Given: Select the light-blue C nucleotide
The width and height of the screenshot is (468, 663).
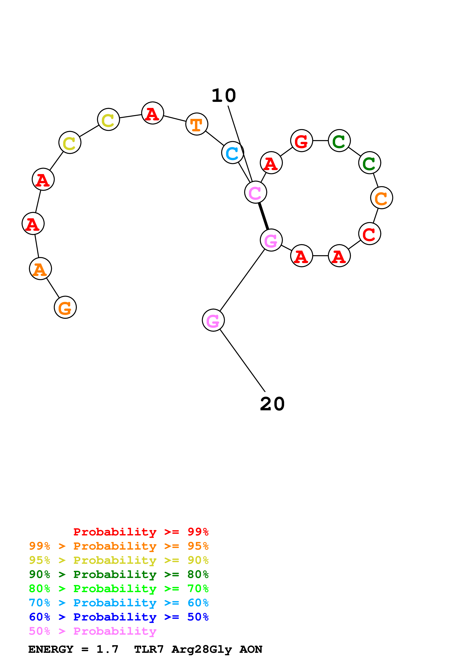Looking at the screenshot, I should coord(232,153).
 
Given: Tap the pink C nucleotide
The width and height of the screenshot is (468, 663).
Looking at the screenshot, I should coord(255,192).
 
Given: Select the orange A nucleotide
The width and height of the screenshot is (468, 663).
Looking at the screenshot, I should coord(40,269).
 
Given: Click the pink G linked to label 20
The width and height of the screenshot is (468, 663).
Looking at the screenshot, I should coord(213,320).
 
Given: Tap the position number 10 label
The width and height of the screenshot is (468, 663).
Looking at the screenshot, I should coord(224,96).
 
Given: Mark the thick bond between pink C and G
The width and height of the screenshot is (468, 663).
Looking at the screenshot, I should coord(264,216).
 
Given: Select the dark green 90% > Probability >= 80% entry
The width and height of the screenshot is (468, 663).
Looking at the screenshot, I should coord(119,574).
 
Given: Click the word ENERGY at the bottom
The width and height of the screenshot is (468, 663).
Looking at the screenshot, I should coord(51,649).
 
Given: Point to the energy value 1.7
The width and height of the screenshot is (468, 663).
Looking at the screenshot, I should coord(107,649).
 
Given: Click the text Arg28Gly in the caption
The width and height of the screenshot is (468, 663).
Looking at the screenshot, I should coord(202,649).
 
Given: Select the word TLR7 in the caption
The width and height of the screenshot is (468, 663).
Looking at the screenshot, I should coord(149,649).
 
